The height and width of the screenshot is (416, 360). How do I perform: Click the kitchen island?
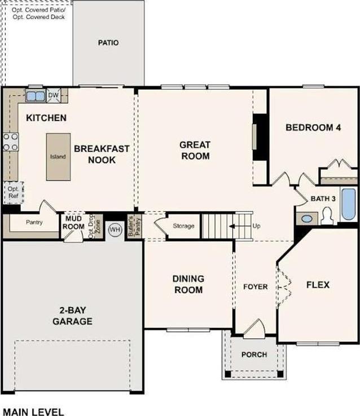coord(59,157)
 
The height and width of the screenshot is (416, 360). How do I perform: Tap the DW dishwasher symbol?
coord(54,95)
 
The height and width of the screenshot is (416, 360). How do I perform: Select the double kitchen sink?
coord(36,96)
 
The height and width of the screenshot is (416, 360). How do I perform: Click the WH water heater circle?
coord(115,229)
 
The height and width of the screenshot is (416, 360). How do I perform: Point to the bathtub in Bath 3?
coord(349,204)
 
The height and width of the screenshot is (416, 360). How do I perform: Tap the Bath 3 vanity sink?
coord(307,219)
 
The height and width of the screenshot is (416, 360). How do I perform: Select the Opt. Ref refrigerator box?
coord(14,193)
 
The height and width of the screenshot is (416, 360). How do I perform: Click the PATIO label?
coord(108,43)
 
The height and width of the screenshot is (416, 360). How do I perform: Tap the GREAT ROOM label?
coord(195,151)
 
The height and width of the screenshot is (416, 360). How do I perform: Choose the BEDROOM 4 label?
coord(313,127)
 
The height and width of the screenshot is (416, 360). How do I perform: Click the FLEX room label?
coord(318,285)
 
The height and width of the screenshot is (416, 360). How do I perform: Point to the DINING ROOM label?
coord(188,284)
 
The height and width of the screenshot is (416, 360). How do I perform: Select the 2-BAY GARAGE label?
coord(72,316)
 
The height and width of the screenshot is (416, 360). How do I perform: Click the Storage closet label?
coord(183,226)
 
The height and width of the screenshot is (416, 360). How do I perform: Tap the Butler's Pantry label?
coord(134,226)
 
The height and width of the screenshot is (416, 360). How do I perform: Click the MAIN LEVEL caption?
coord(33,411)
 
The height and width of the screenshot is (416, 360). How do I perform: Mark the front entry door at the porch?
coord(254,329)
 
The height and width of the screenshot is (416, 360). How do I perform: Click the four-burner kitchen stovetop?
coord(11,142)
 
